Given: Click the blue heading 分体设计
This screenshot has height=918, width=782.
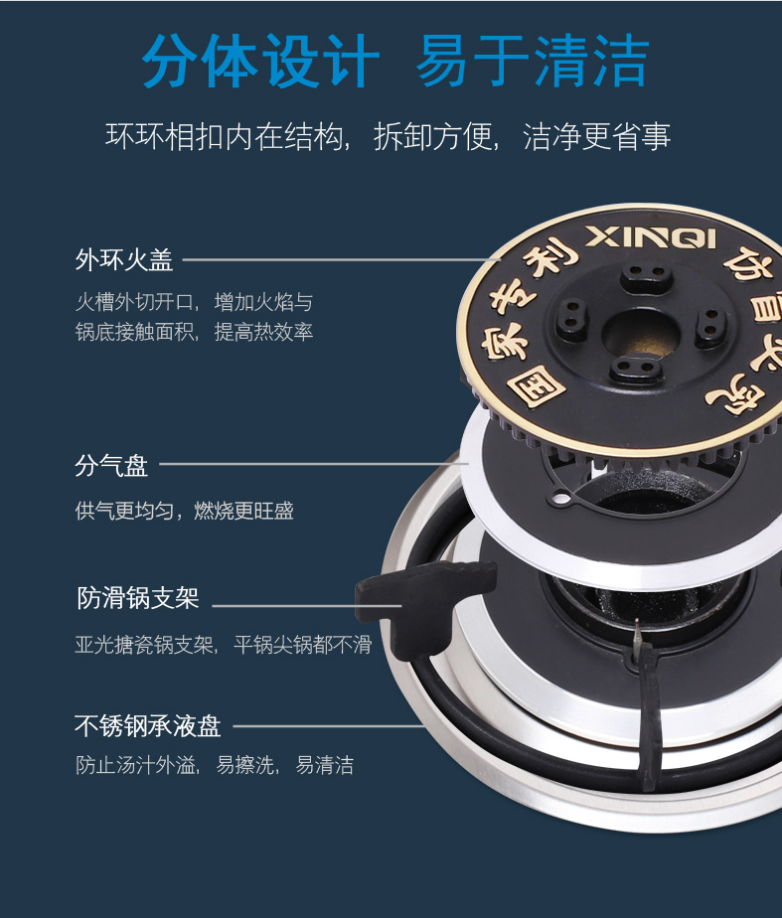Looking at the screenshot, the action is (260, 61).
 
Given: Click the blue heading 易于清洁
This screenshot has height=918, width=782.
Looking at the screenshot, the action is (532, 61).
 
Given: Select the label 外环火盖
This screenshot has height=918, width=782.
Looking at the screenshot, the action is (124, 259).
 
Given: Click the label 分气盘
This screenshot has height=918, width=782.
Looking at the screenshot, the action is (111, 466).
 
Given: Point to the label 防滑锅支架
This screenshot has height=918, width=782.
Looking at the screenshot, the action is (138, 598).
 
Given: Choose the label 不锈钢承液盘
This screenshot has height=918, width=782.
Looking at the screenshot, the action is (148, 726).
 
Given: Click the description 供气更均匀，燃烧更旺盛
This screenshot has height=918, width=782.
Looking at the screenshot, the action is (185, 511).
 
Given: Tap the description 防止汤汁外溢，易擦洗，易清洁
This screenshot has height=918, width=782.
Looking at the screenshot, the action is (215, 765).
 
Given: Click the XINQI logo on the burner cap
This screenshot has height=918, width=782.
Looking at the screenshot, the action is (651, 237).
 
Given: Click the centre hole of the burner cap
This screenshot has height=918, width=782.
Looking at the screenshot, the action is (641, 334).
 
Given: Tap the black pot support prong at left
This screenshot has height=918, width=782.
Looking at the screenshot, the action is (426, 603).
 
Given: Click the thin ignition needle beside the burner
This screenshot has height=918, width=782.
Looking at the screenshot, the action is (637, 638).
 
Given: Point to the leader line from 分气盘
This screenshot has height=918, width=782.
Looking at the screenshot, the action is (314, 464).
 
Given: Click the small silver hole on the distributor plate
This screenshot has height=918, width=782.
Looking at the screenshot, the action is (560, 500).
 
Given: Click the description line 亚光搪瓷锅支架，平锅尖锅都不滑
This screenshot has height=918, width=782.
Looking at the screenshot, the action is (224, 645).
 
